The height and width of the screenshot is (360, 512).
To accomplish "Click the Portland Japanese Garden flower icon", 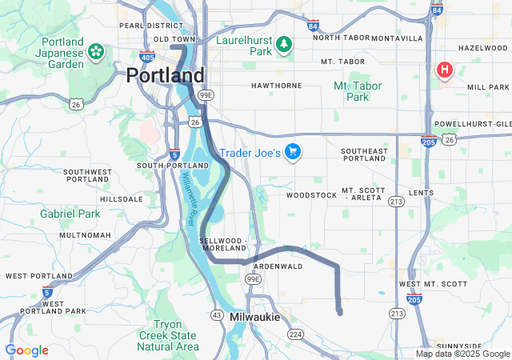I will (x=96, y=52).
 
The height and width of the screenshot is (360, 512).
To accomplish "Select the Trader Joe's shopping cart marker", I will (x=293, y=151).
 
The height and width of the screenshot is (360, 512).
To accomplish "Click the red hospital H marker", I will (x=444, y=70).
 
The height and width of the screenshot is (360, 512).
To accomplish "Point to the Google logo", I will (x=26, y=350).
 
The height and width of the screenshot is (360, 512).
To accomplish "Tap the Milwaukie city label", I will (x=254, y=317).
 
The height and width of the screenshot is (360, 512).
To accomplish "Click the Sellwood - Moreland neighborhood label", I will (x=224, y=245).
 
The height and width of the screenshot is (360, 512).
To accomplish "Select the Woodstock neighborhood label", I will (x=312, y=194).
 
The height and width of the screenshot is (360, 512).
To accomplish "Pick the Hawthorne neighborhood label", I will (x=276, y=85).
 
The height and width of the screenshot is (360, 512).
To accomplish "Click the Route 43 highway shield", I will (x=216, y=314).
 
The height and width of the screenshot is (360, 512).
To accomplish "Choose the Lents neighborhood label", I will (x=421, y=193).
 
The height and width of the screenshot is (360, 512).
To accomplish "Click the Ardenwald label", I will (x=277, y=266).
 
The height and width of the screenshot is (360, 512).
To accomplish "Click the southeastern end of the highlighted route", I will (x=340, y=312).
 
